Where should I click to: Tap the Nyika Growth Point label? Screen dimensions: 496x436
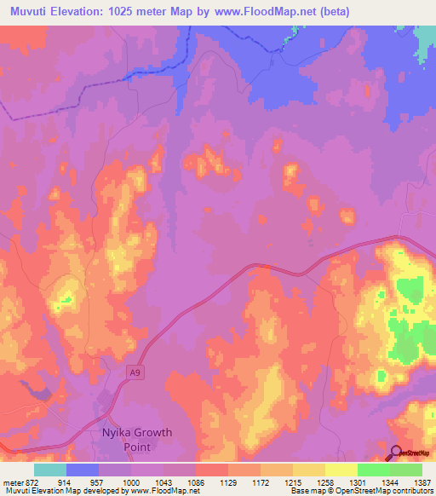click(137, 439)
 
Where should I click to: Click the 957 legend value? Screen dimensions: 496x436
click(96, 482)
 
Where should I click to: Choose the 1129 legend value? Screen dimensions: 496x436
click(227, 482)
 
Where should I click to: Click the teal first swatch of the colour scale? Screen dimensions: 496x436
click(50, 470)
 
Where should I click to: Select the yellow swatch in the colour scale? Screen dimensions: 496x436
click(341, 470)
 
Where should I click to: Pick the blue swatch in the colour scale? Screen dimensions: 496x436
click(83, 470)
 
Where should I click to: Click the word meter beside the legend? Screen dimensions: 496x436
click(11, 482)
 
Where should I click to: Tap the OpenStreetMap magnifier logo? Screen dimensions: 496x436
click(395, 453)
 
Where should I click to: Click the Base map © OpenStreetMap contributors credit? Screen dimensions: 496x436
click(361, 491)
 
